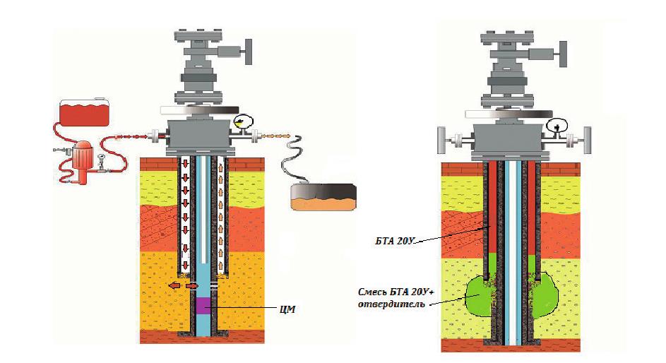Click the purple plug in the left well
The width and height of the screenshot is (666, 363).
(x=202, y=306)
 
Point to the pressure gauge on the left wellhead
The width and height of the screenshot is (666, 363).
(x=244, y=122)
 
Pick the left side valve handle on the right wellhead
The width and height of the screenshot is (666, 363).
(x=444, y=140)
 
